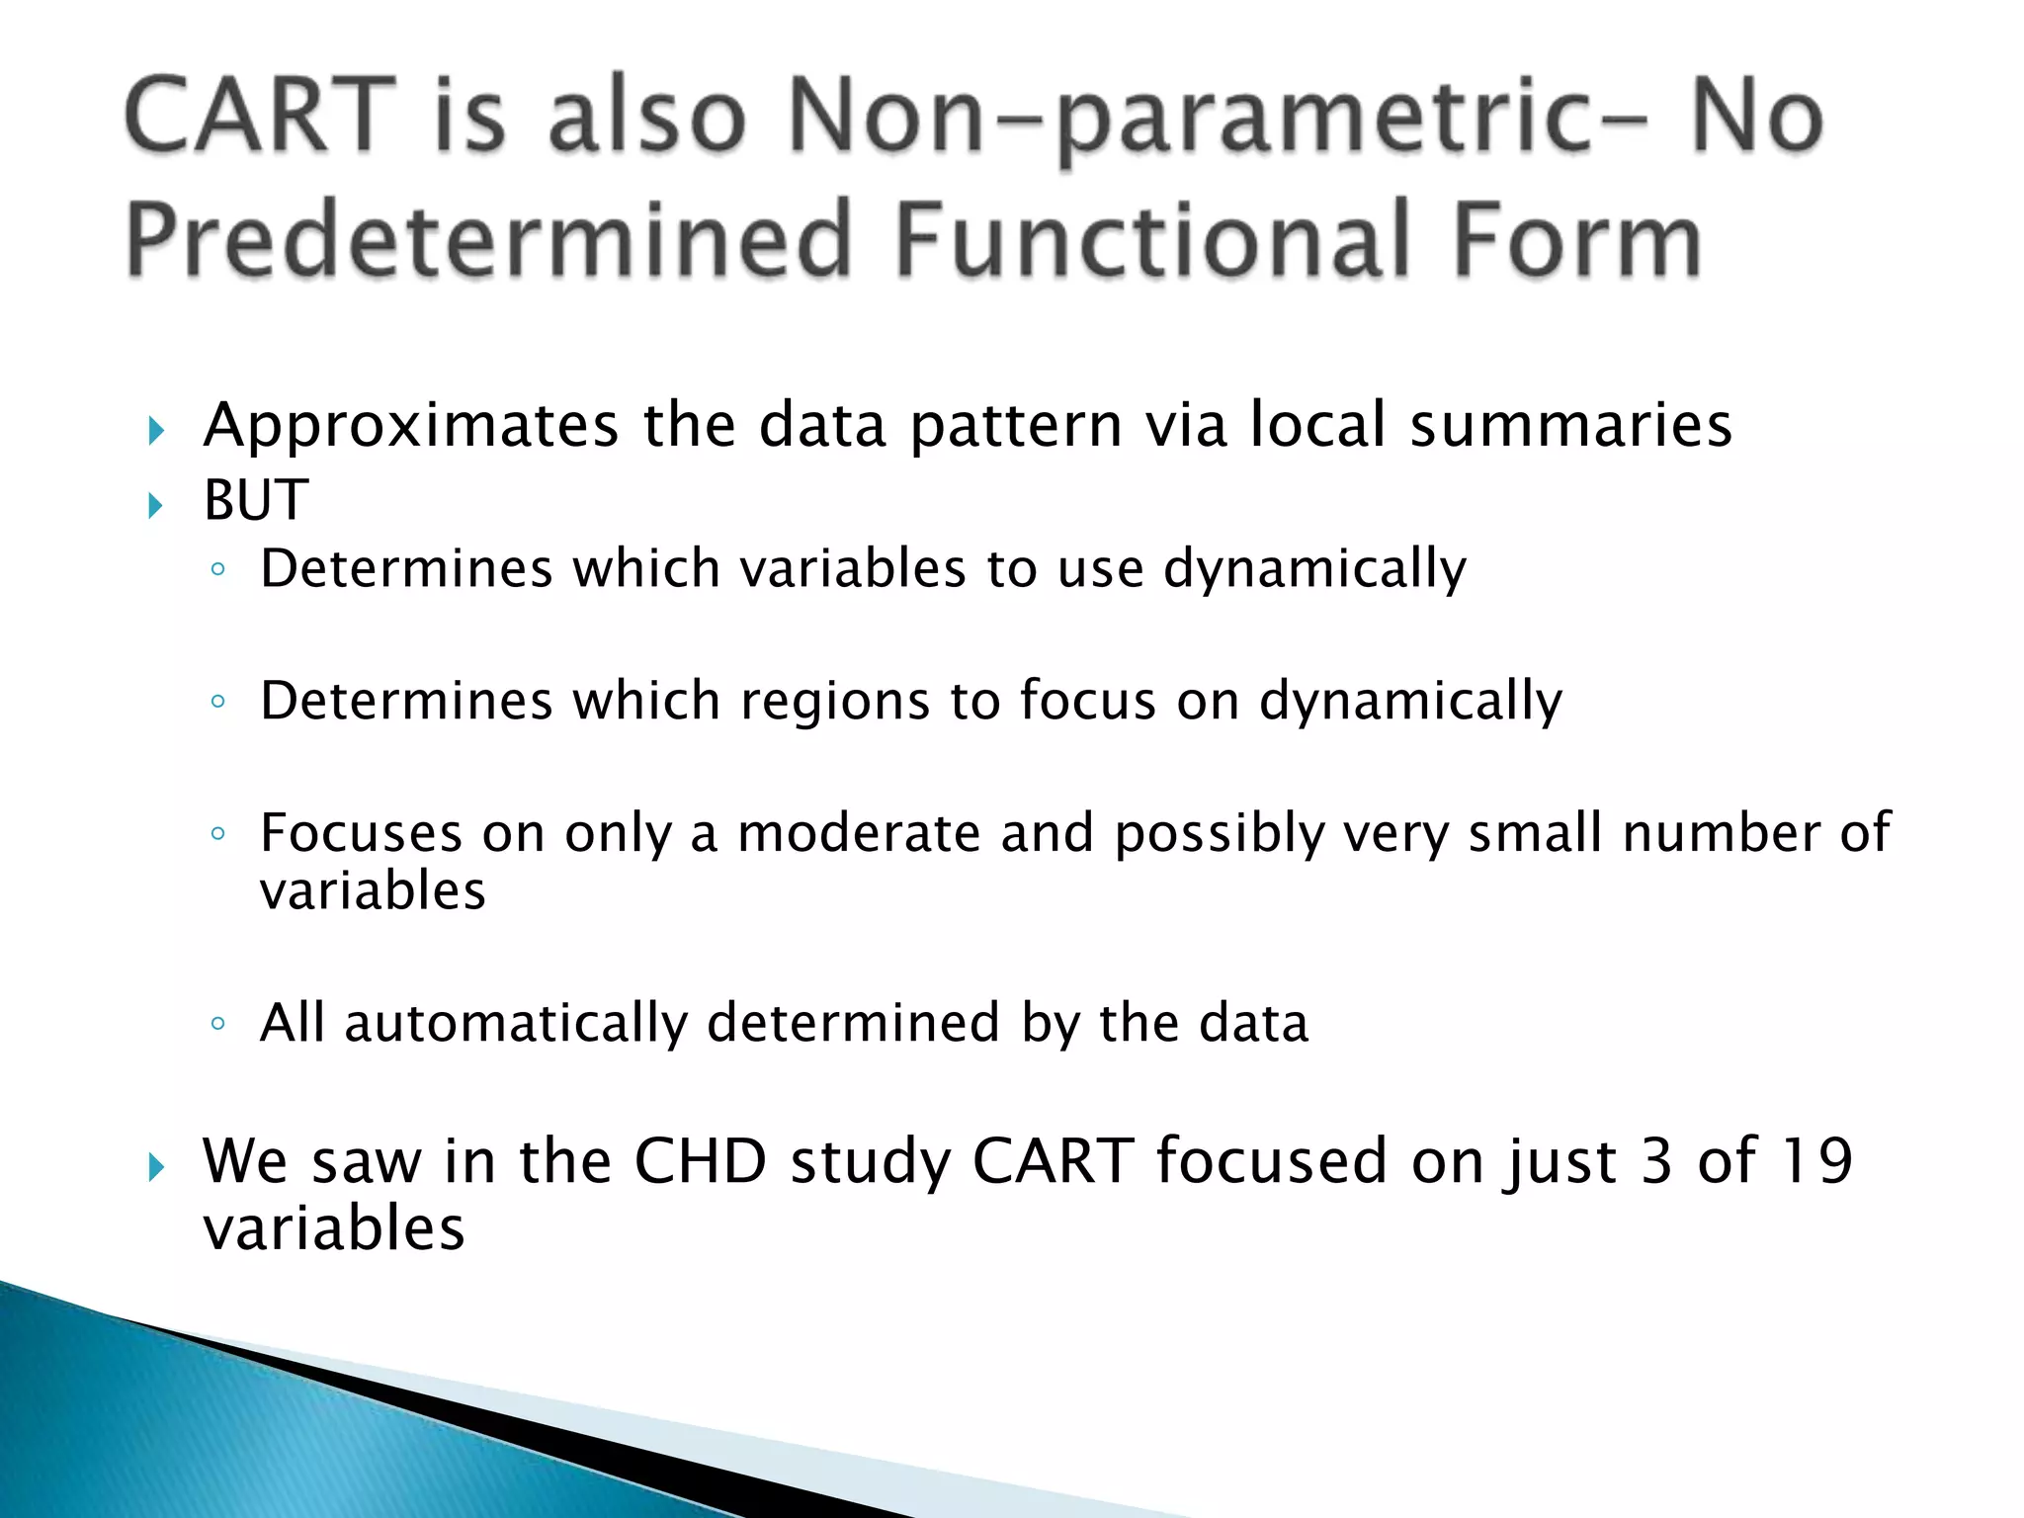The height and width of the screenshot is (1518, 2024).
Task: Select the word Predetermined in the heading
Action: click(488, 240)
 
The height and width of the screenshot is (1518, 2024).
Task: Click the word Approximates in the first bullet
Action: click(411, 426)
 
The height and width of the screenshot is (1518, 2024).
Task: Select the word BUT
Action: click(256, 500)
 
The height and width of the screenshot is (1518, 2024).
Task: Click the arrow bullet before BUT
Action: click(155, 506)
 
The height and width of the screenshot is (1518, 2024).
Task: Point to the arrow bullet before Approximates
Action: click(155, 431)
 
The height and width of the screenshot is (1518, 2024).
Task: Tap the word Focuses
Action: click(361, 832)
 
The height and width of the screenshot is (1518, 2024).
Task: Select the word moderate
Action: click(858, 832)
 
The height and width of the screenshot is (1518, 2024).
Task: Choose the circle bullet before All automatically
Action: click(218, 1023)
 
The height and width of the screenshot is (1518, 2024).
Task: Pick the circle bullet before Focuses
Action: click(218, 833)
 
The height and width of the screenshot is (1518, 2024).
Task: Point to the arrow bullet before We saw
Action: click(155, 1168)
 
